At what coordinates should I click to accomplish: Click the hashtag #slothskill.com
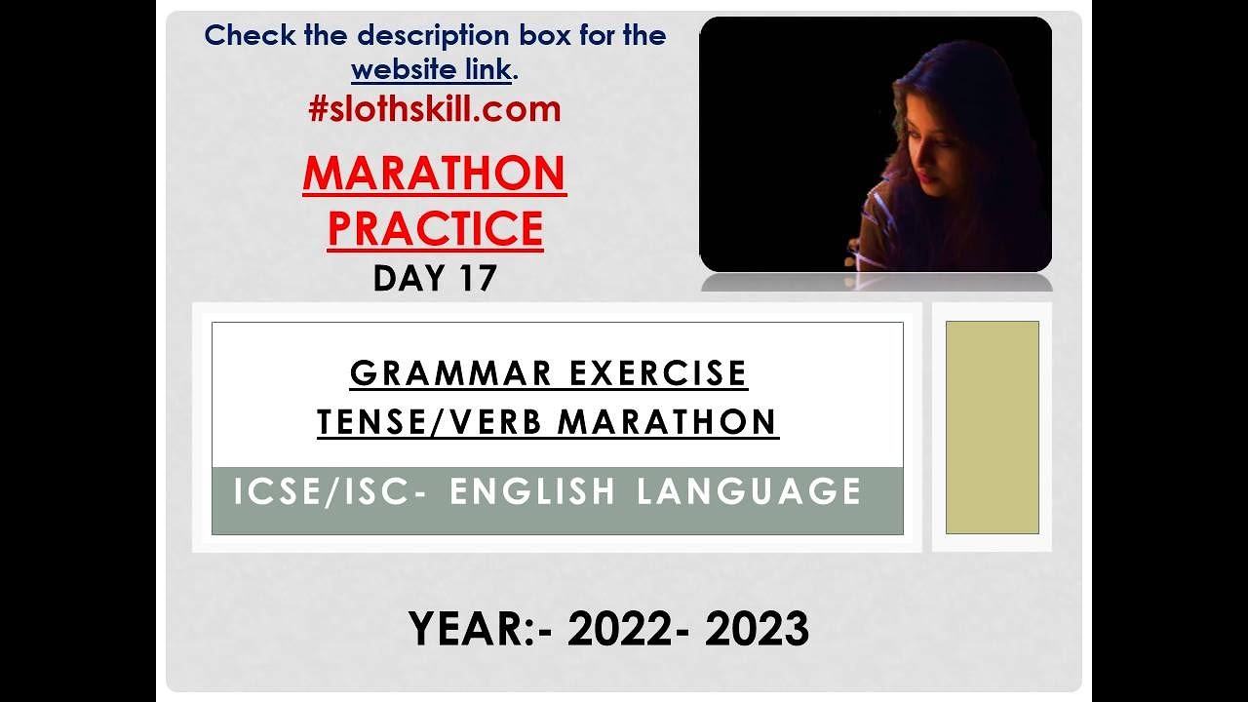[x=435, y=109]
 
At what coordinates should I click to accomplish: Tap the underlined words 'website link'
[x=431, y=70]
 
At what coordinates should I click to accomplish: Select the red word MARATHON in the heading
[x=435, y=174]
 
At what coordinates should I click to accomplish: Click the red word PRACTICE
[x=435, y=228]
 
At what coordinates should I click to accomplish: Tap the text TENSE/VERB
[x=430, y=422]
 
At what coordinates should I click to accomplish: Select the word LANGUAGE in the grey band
[x=749, y=491]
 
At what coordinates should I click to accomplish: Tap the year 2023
[x=757, y=629]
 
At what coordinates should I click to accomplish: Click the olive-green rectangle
[x=992, y=427]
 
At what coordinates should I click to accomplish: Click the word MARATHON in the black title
[x=668, y=422]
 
